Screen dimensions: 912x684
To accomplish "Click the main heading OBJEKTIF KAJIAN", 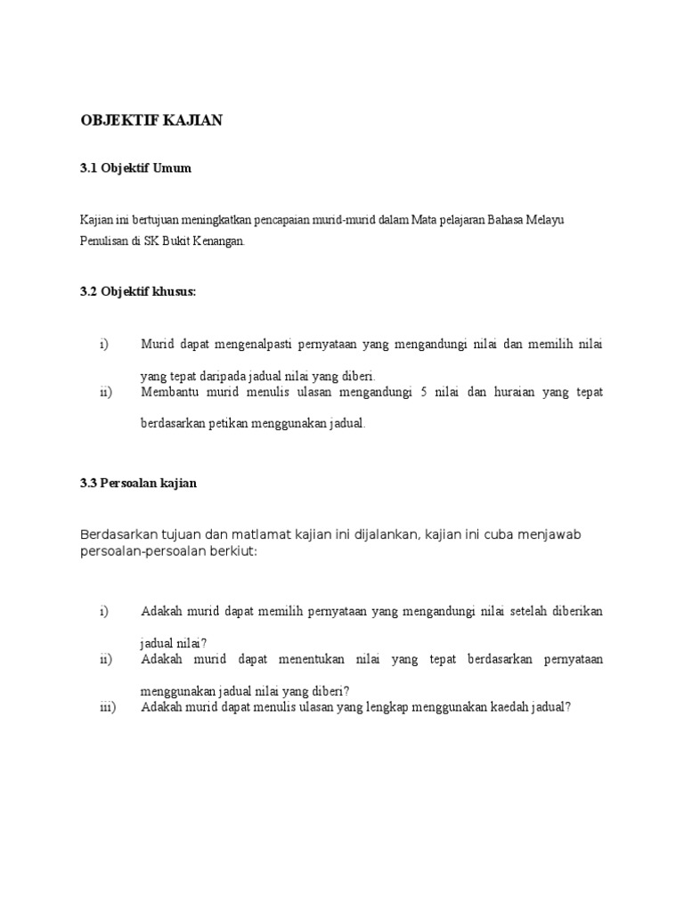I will (x=151, y=121).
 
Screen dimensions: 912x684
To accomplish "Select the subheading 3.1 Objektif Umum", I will (x=135, y=167).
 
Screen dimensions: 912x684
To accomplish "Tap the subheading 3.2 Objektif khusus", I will (x=137, y=292).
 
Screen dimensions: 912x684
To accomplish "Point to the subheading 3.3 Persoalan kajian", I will (x=138, y=483).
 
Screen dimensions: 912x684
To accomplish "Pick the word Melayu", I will (x=552, y=219).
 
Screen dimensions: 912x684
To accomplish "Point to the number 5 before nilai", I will (x=424, y=393).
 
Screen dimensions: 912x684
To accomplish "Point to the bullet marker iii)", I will (x=108, y=708).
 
